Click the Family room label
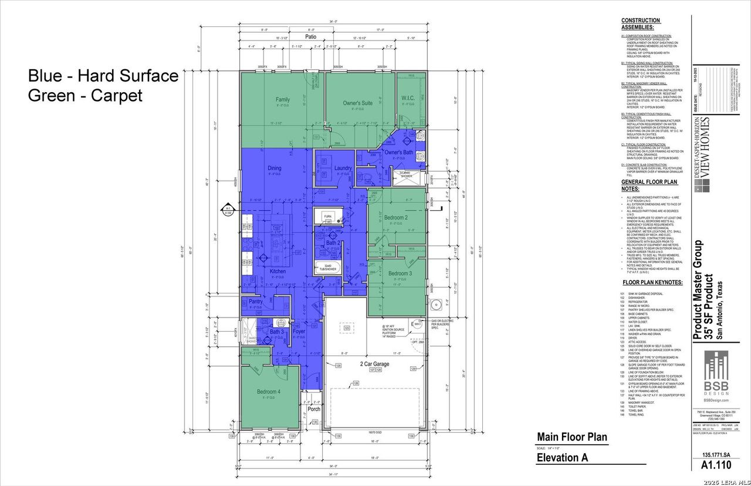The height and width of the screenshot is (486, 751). click(283, 100)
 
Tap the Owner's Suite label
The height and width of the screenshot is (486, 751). click(358, 103)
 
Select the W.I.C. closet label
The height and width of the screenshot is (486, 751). click(408, 98)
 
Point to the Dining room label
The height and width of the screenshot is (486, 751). click(275, 168)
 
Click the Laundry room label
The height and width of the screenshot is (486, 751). click(343, 168)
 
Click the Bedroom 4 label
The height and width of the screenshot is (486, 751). click(268, 392)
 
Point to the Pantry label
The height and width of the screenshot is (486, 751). click(256, 302)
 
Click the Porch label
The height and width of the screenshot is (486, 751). click(314, 409)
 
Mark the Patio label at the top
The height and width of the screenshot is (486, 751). click(310, 36)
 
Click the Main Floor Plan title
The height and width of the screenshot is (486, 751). click(572, 437)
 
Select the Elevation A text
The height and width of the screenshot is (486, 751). click(562, 458)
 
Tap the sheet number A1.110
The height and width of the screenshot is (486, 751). click(716, 465)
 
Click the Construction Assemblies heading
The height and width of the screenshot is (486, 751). click(641, 23)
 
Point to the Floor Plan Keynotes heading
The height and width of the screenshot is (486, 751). click(652, 282)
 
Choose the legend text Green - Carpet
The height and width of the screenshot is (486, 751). click(86, 95)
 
